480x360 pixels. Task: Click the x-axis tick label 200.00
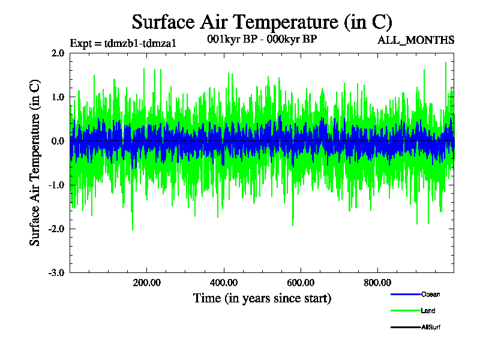(x=146, y=283)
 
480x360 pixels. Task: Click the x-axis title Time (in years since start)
(x=262, y=298)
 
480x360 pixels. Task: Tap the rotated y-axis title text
(x=35, y=163)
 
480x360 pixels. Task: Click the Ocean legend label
(x=430, y=295)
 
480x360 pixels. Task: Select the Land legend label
(x=428, y=311)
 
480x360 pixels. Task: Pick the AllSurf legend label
(x=431, y=328)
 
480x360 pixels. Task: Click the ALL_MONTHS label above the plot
(x=416, y=40)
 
